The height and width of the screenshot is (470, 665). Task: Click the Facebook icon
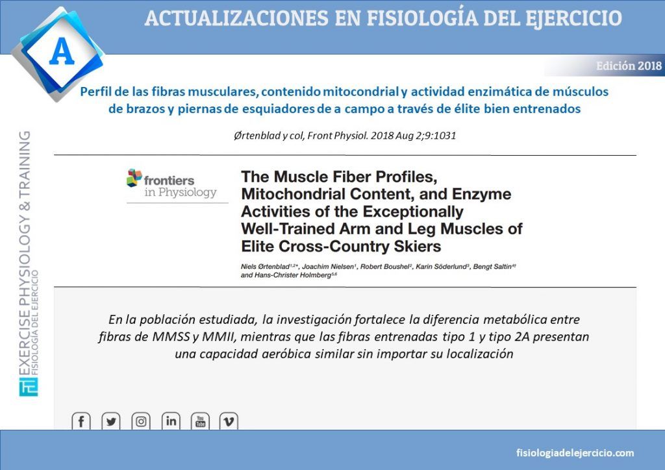coord(81,421)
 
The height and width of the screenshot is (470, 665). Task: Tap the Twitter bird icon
coord(111,421)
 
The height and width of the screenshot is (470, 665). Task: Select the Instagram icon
coord(141,421)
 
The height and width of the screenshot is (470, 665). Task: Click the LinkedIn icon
coord(171,421)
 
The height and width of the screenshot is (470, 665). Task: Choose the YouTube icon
coord(200,421)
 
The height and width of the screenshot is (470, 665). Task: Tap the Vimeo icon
coord(229,421)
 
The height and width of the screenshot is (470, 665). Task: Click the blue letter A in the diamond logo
coord(62,51)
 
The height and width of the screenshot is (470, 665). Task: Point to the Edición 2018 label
coord(629,66)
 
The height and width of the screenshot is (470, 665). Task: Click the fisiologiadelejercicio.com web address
coord(575,452)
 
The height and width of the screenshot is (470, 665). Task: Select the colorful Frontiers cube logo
coord(134,178)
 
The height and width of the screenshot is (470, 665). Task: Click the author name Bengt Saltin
coord(492,267)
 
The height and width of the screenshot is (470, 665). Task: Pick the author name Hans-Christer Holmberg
coord(286,275)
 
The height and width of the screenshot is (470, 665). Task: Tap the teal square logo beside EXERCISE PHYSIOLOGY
coord(29,386)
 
